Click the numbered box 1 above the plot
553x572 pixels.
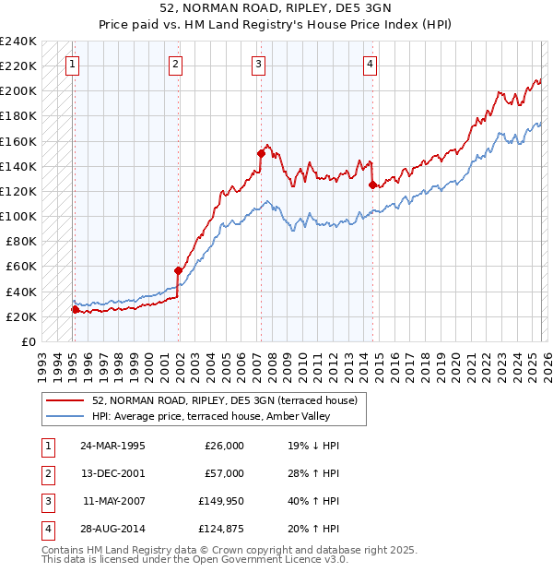73,64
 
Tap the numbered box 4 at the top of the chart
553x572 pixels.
370,64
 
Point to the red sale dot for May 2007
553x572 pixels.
261,154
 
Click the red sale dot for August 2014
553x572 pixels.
373,185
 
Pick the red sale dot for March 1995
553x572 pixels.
75,309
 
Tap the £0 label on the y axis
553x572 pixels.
28,341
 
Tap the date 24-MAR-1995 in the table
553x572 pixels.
112,446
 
